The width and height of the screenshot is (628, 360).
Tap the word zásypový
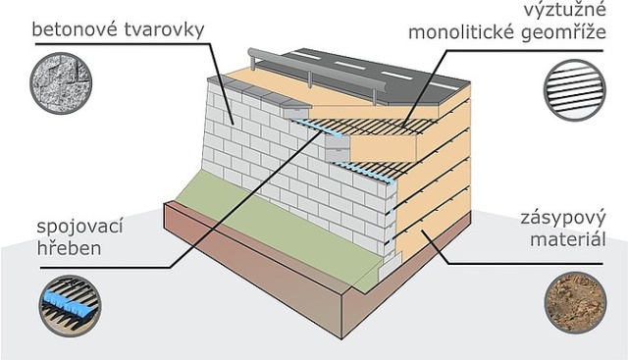click(x=561, y=218)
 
